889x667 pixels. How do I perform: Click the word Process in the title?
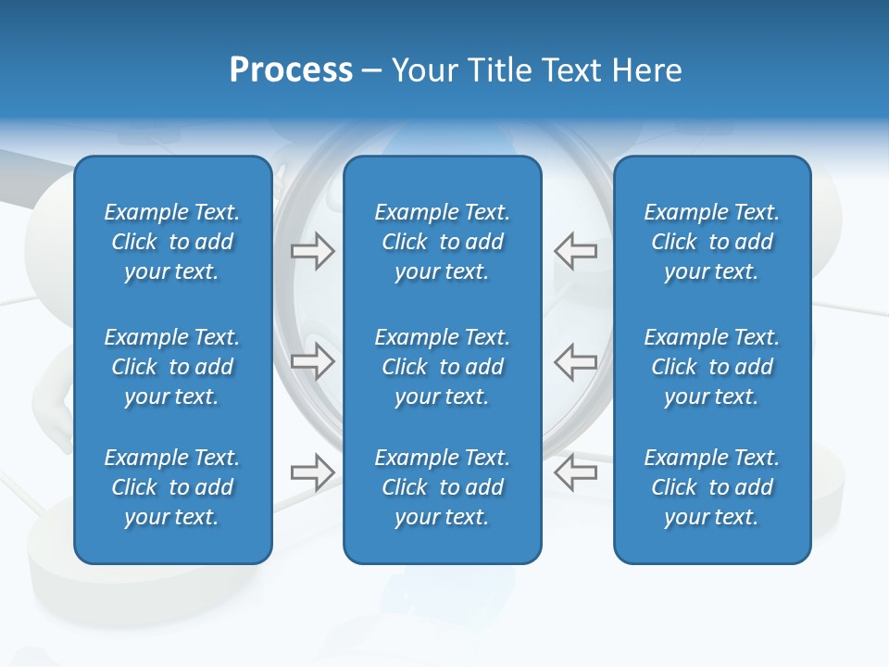coord(291,70)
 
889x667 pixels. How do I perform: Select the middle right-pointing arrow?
coord(312,361)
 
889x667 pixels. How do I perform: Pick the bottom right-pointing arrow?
coord(312,472)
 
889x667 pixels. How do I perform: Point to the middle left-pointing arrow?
coord(575,361)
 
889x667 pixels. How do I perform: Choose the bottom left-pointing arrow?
coord(575,472)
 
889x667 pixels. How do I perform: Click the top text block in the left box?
coord(172,242)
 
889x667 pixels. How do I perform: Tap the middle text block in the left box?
coord(172,367)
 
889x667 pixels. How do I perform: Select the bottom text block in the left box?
coord(172,487)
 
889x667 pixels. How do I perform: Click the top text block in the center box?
coord(442,242)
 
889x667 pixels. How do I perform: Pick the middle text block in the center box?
coord(442,367)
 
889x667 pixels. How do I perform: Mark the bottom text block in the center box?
coord(442,487)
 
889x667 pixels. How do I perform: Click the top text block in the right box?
coord(711,242)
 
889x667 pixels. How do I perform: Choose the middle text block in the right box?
coord(711,367)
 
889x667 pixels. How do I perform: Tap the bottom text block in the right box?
coord(711,487)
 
